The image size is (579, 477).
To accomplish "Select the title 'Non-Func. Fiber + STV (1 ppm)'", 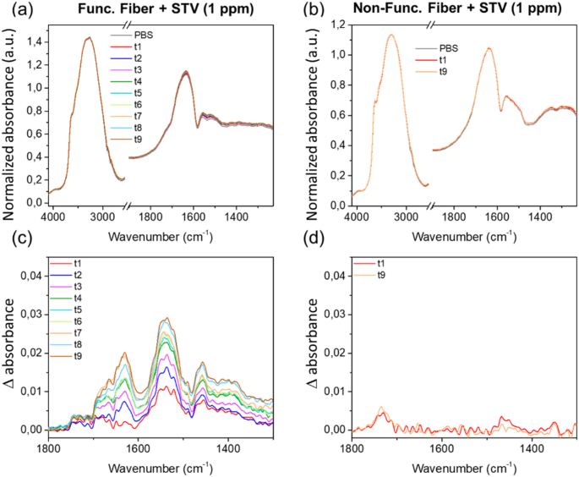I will (461, 10).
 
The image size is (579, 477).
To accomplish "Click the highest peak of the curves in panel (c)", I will (167, 318).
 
